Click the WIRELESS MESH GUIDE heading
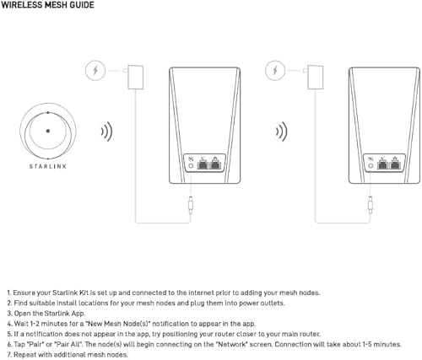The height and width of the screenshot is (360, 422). pos(47,6)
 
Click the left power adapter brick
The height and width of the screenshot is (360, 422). pos(135,77)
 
